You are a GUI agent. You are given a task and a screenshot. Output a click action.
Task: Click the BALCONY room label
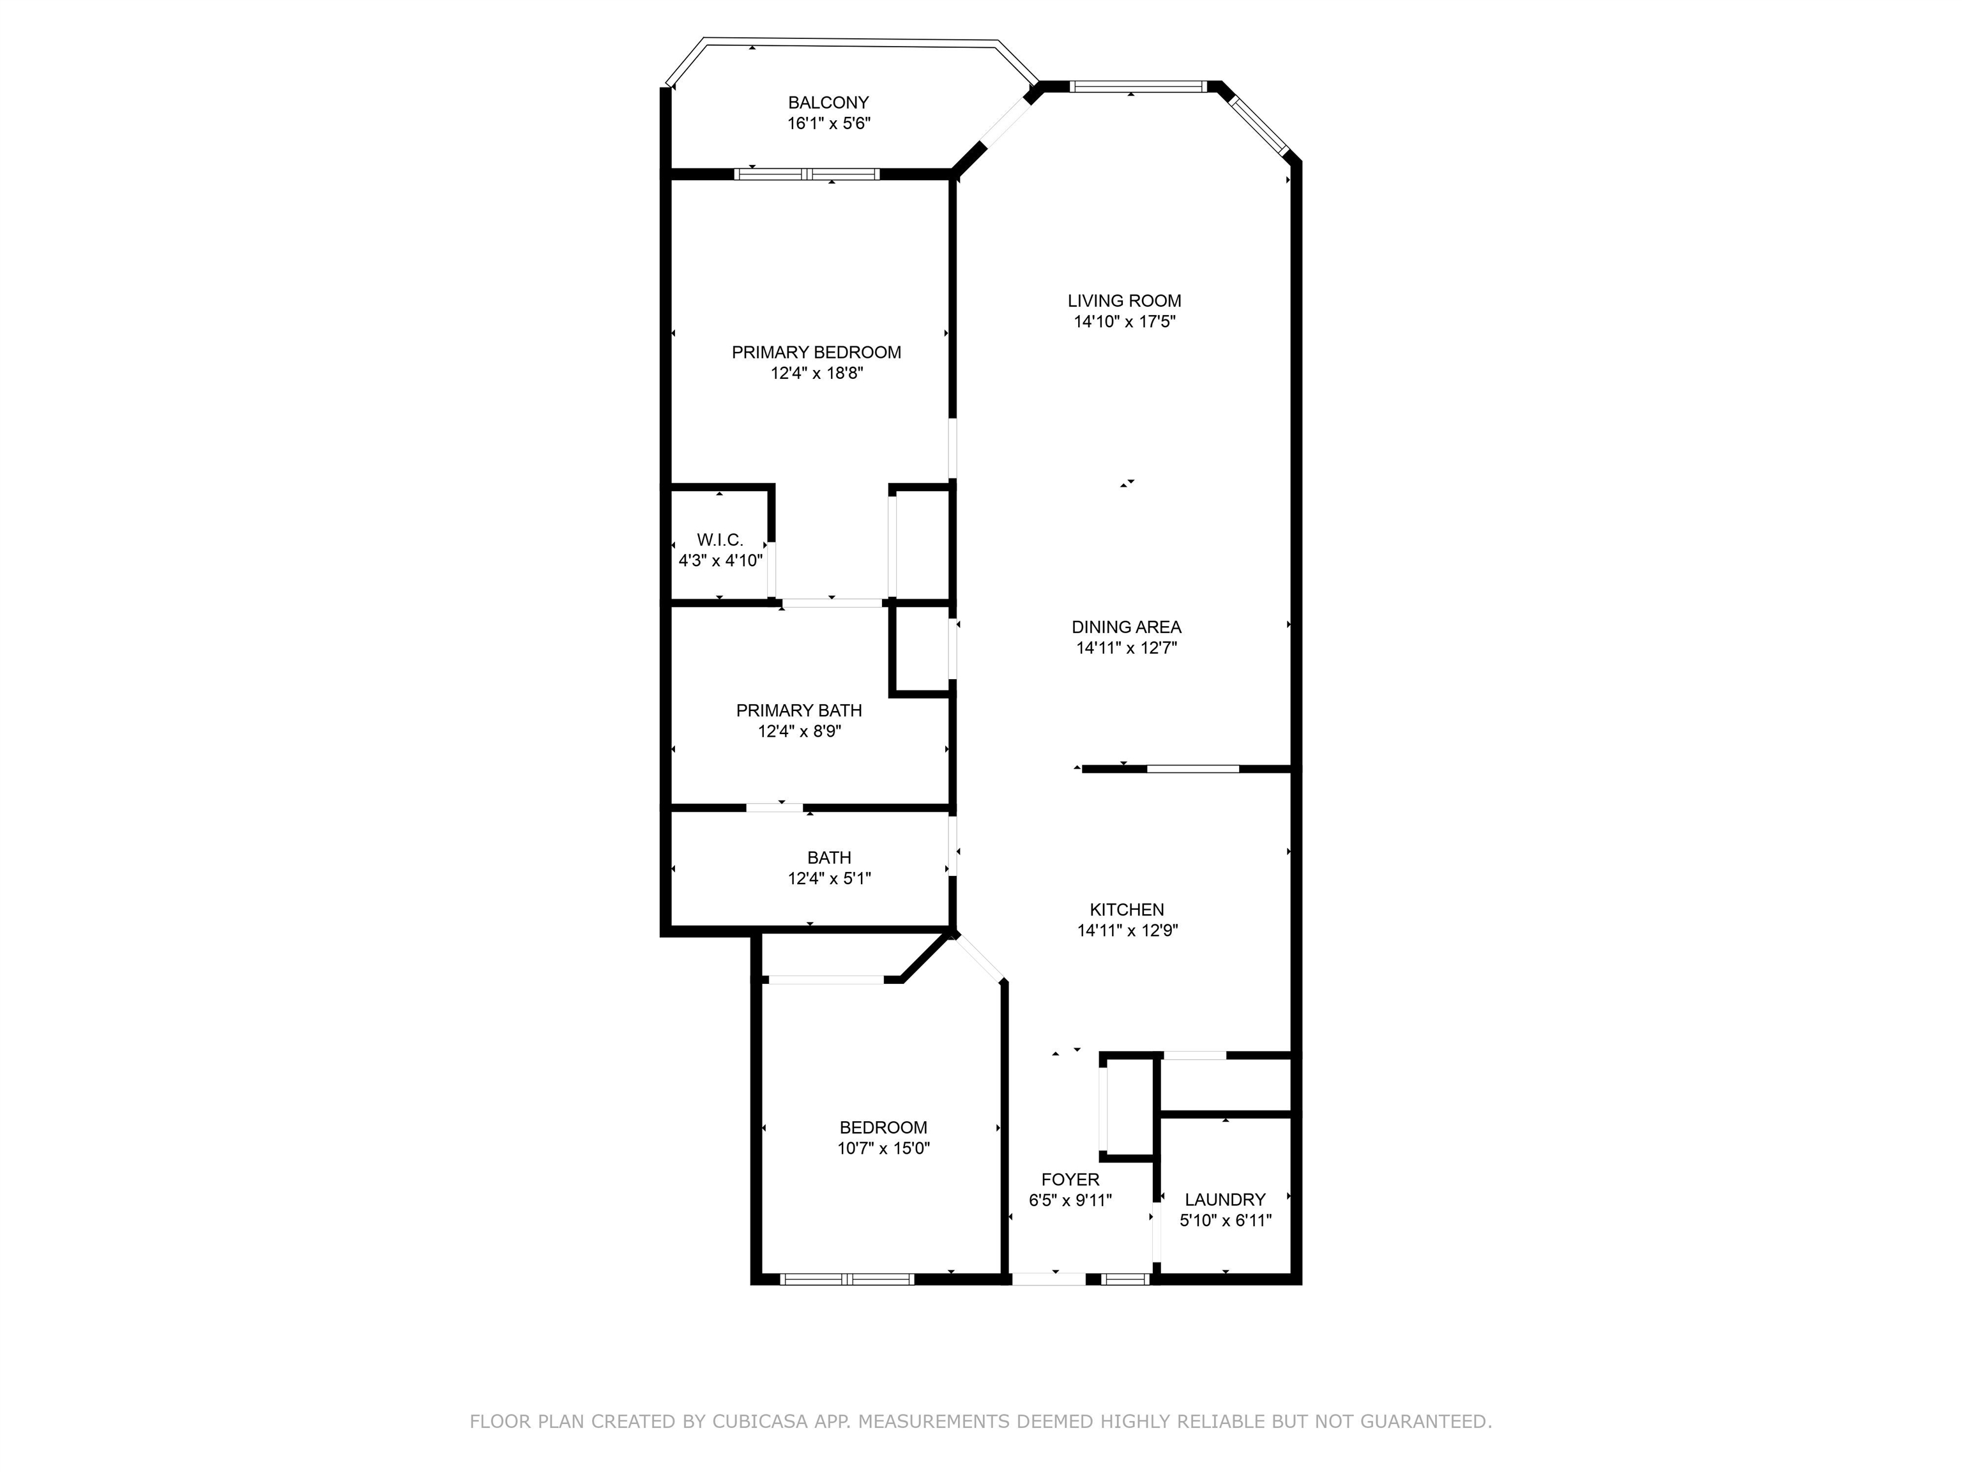point(828,103)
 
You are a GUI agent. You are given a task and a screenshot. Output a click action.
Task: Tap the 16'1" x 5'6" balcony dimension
point(828,123)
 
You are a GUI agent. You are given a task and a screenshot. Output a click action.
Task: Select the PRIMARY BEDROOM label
point(816,352)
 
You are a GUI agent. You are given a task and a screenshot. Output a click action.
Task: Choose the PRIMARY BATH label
point(798,710)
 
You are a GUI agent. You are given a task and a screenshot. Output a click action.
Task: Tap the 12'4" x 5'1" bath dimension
point(828,878)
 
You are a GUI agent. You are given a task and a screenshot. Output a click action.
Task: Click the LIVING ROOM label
point(1124,301)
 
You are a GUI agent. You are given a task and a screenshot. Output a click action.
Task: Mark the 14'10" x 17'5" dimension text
point(1124,322)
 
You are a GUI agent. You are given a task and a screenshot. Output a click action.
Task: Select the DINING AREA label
point(1125,627)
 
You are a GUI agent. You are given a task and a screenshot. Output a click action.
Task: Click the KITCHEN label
point(1127,910)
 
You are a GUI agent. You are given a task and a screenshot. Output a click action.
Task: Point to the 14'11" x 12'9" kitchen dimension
point(1127,931)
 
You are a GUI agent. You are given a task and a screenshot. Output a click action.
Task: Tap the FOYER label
point(1070,1179)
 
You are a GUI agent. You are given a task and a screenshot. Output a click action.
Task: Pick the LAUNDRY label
point(1224,1200)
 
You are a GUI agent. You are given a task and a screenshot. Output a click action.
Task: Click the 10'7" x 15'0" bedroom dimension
point(883,1148)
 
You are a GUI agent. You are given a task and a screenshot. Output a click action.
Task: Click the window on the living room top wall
point(1138,86)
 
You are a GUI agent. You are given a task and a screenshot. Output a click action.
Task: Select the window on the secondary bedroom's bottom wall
point(847,1278)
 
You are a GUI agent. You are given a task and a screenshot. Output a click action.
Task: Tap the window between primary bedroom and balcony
point(807,174)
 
